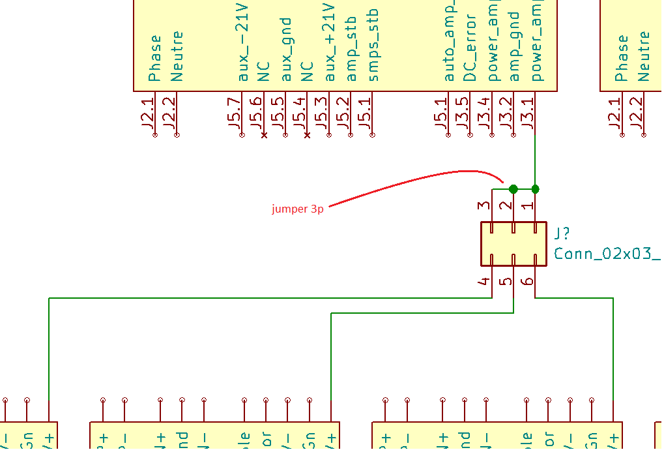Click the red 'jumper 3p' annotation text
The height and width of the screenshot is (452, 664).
pyautogui.click(x=297, y=209)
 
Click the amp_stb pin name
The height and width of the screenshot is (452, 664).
pyautogui.click(x=352, y=50)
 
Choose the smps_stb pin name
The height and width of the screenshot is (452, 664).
pyautogui.click(x=373, y=50)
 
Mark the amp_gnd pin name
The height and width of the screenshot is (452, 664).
pyautogui.click(x=514, y=47)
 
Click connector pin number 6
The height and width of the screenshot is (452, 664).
pyautogui.click(x=528, y=282)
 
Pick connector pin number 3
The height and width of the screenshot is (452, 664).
pyautogui.click(x=484, y=205)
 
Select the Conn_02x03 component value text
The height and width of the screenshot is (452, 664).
pyautogui.click(x=607, y=254)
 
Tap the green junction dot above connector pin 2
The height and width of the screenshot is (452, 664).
pyautogui.click(x=513, y=189)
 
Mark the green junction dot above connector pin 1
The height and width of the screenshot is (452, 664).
pyautogui.click(x=536, y=189)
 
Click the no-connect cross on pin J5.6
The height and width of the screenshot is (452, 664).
pyautogui.click(x=264, y=136)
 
